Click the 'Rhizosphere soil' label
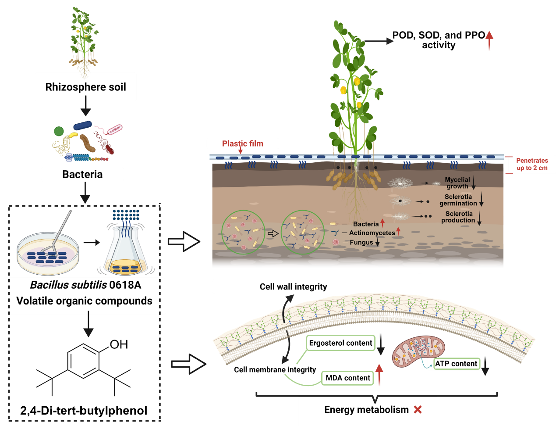click(x=85, y=87)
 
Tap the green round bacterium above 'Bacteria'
click(x=59, y=131)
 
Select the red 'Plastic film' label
click(x=242, y=143)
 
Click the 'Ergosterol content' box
click(x=340, y=343)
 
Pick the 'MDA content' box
click(x=348, y=378)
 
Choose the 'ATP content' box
click(x=456, y=364)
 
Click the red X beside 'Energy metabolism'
click(x=418, y=410)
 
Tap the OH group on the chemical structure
click(x=119, y=344)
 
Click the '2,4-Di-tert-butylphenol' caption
click(x=84, y=411)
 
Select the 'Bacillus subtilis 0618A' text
click(x=85, y=285)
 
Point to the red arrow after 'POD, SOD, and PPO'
click(x=489, y=40)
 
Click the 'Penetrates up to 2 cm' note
click(x=532, y=164)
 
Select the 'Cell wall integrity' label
click(x=293, y=286)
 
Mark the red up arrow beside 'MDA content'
click(x=379, y=375)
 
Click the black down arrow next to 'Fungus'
click(x=377, y=242)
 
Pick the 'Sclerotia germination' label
click(x=458, y=200)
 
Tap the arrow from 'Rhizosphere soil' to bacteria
click(x=86, y=105)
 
